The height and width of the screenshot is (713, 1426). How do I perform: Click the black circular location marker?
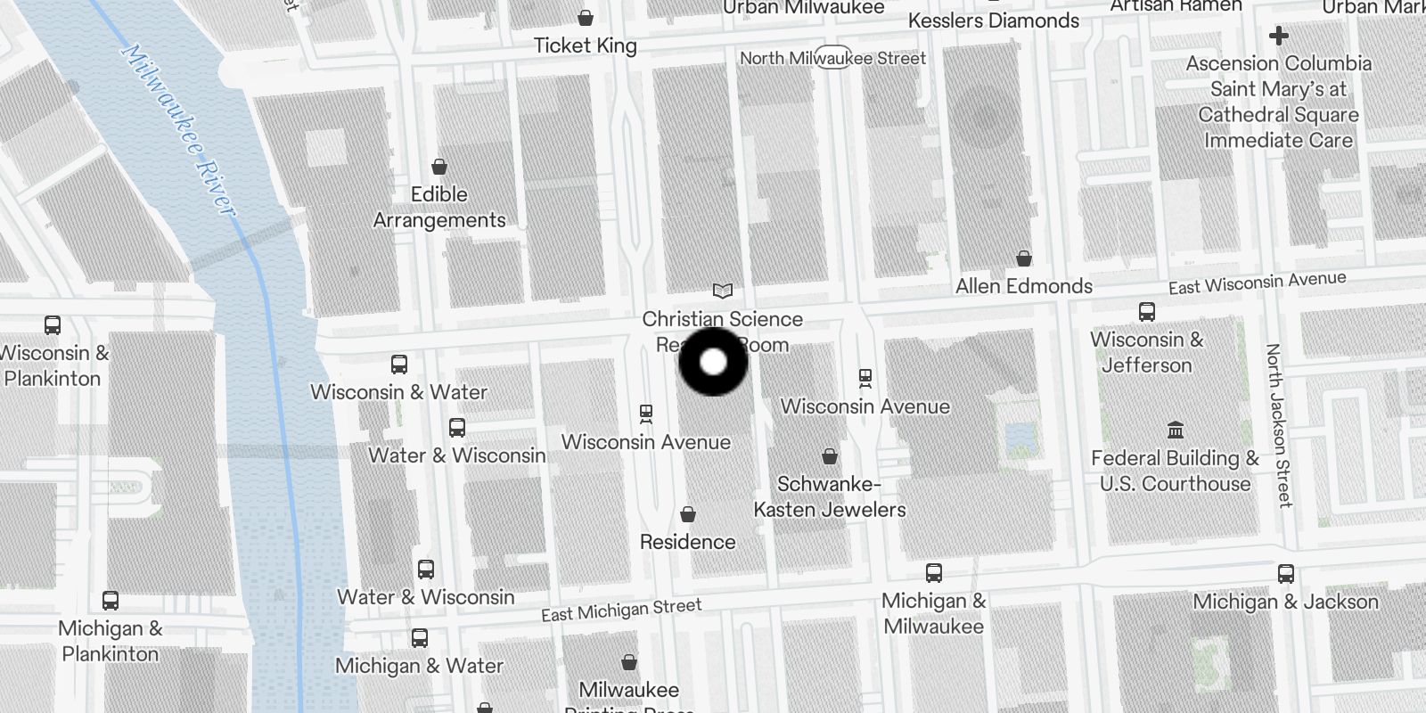tap(713, 362)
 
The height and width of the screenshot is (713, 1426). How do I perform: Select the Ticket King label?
tap(585, 45)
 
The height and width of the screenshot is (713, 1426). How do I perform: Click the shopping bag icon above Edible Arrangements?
tap(438, 167)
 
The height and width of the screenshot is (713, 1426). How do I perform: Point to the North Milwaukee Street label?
tap(832, 58)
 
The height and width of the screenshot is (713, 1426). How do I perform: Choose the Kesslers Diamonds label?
tap(993, 20)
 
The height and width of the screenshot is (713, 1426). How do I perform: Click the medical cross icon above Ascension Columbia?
tap(1278, 36)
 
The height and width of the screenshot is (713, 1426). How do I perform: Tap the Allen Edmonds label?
tap(1023, 286)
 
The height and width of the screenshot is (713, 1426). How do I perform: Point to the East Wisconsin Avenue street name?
tap(1257, 283)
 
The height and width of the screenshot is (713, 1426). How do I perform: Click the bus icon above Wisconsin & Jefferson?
tap(1146, 312)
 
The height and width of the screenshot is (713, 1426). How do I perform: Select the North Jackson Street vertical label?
tap(1280, 425)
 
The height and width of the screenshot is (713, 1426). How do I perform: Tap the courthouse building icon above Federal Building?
tap(1175, 430)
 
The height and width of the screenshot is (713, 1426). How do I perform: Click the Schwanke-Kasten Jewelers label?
tap(829, 496)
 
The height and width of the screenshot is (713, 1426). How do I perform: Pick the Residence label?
tap(687, 542)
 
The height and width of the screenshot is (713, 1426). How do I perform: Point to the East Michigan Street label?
tap(621, 611)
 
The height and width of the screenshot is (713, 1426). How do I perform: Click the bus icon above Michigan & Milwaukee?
tap(933, 573)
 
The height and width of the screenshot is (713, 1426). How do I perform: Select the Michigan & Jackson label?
tap(1285, 602)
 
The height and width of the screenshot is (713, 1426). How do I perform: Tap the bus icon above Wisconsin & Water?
tap(398, 365)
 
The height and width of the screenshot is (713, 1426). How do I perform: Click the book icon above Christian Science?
tap(722, 291)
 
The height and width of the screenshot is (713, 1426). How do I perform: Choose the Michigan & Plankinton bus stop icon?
tap(110, 601)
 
